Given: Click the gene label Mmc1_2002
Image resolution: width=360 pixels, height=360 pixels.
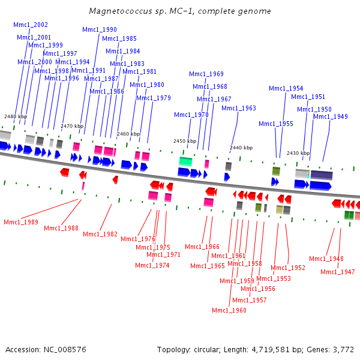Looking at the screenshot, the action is click(31, 25).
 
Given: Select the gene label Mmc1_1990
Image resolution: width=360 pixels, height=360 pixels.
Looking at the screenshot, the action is click(100, 29).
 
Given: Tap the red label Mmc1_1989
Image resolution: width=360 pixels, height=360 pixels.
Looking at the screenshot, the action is click(21, 222).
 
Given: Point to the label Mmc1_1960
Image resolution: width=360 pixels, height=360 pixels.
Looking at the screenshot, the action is click(229, 310).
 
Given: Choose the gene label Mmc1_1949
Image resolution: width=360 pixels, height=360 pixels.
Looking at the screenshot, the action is click(331, 116).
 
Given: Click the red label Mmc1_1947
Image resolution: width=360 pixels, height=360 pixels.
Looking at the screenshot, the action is click(338, 272).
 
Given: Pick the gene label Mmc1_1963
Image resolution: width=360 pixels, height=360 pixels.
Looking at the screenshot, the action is click(239, 108).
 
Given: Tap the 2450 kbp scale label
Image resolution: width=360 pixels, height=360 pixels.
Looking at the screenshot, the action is click(185, 141).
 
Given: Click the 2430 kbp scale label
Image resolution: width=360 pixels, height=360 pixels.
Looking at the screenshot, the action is click(298, 153).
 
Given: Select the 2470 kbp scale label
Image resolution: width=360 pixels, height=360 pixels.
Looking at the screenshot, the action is click(72, 126).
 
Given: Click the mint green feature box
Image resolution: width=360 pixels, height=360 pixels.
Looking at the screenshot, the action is click(185, 161).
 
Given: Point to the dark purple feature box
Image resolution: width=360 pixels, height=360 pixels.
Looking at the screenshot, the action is click(322, 175).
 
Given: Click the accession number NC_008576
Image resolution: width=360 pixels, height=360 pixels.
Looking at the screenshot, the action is click(65, 350).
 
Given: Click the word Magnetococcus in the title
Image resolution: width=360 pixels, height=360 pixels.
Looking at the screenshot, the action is click(121, 11).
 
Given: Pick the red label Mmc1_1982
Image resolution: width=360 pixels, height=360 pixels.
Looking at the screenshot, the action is click(100, 234).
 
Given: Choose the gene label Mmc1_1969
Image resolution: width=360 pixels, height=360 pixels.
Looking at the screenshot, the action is click(206, 74).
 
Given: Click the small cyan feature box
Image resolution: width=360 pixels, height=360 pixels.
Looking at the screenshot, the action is click(308, 176).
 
